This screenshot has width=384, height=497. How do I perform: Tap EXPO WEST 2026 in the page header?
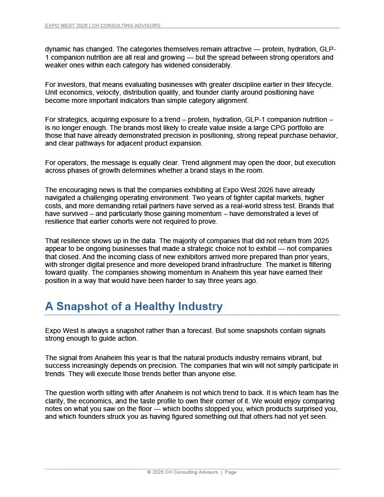pos(66,25)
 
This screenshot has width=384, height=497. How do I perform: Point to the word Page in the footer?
pos(231,472)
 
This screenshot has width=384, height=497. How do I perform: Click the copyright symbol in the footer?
pos(149,472)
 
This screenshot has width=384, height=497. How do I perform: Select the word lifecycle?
pos(318,84)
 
